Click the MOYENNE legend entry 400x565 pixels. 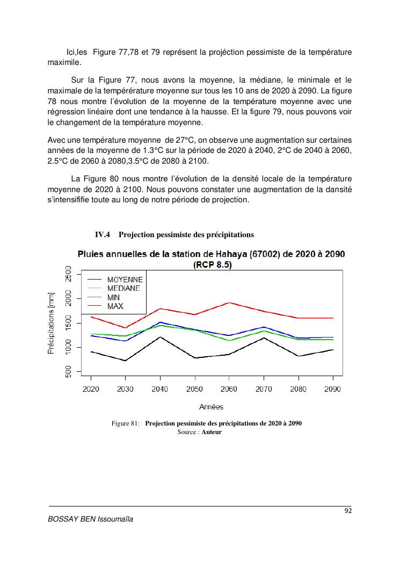pyautogui.click(x=125, y=280)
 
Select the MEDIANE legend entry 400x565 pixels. pyautogui.click(x=123, y=288)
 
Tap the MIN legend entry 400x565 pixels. pyautogui.click(x=114, y=297)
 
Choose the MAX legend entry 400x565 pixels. pyautogui.click(x=115, y=306)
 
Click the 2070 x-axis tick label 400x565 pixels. pyautogui.click(x=264, y=389)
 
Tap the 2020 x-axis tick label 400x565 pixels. pyautogui.click(x=91, y=389)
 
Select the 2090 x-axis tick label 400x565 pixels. pyautogui.click(x=333, y=389)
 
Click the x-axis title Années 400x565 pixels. pyautogui.click(x=211, y=407)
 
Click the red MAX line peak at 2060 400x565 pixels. pyautogui.click(x=229, y=303)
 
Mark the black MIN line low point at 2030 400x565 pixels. pyautogui.click(x=125, y=361)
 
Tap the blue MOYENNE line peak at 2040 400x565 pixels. pyautogui.click(x=160, y=322)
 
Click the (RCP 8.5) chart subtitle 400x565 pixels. pyautogui.click(x=212, y=265)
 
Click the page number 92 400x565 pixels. pyautogui.click(x=348, y=511)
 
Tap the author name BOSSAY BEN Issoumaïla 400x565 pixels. pyautogui.click(x=91, y=519)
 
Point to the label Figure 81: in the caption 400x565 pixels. pyautogui.click(x=126, y=423)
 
